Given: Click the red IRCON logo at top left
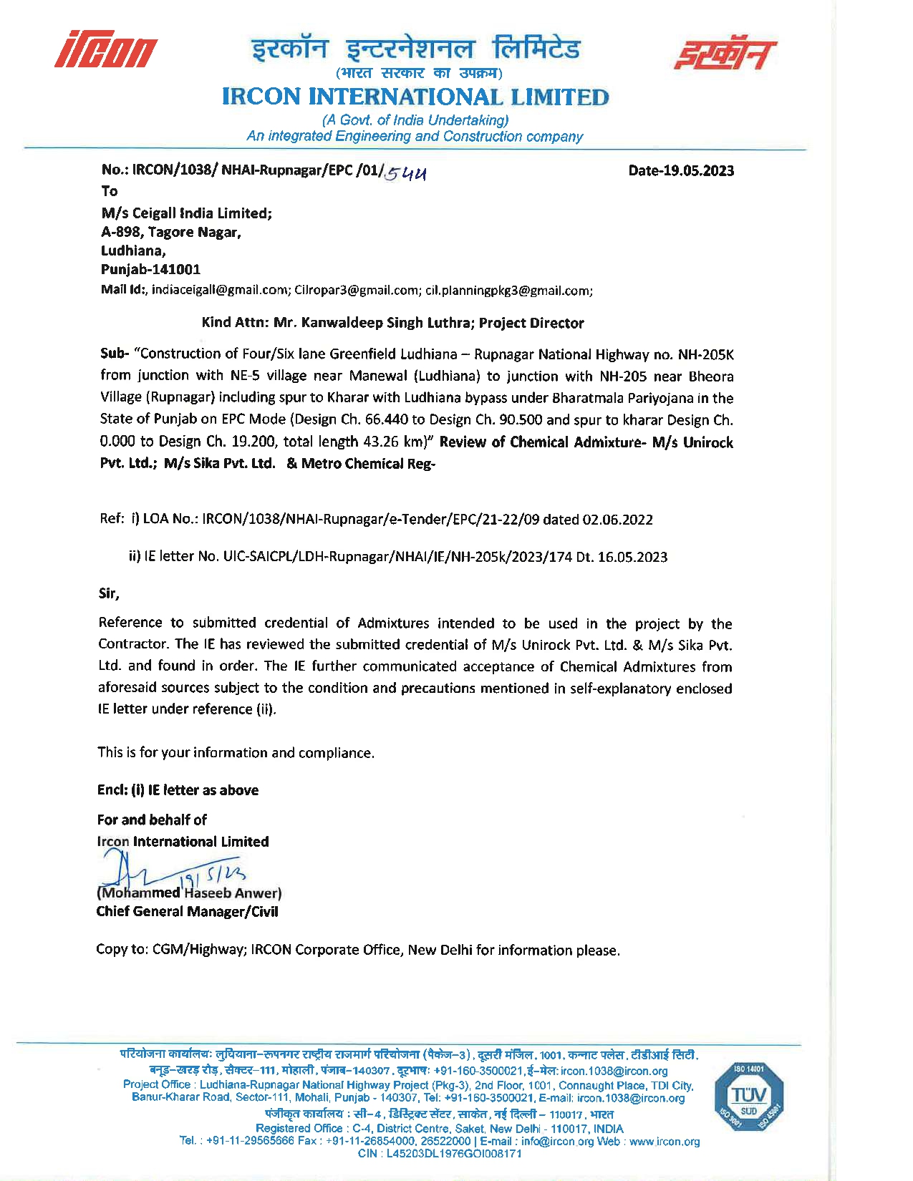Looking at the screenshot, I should pos(107,49).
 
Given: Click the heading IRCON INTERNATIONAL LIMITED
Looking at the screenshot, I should pos(415,97).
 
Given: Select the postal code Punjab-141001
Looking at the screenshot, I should pos(150,270).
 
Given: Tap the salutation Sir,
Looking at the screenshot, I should pos(109,593).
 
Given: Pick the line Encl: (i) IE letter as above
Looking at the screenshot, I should pos(178,790).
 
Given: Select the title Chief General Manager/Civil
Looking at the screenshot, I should pos(188,912).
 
